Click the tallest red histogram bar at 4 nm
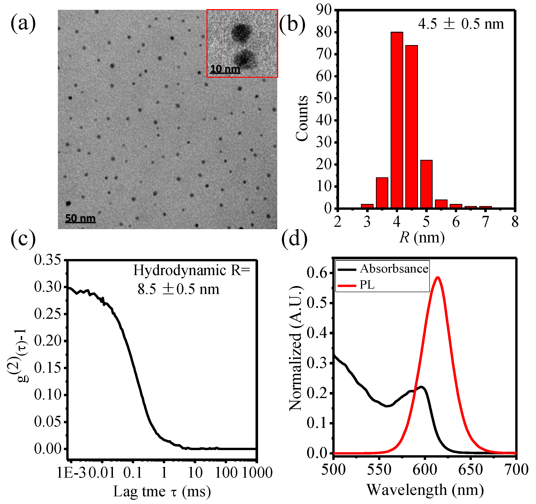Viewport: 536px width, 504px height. pos(397,120)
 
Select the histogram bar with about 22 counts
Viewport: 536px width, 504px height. pos(426,184)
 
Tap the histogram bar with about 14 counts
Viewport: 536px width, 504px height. pos(382,192)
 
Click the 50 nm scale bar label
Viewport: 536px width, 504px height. pos(80,218)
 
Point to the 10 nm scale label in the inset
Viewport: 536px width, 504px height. pos(225,69)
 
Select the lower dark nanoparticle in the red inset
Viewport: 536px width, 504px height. pos(244,59)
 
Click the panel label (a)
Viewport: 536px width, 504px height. pos(23,24)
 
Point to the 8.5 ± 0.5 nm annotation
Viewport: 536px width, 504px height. pos(178,289)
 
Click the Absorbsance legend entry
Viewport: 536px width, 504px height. pos(394,269)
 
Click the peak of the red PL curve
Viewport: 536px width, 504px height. pos(438,277)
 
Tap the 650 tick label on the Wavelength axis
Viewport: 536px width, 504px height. pos(470,469)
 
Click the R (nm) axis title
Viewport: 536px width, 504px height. pos(422,238)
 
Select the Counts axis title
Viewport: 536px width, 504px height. pos(302,118)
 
